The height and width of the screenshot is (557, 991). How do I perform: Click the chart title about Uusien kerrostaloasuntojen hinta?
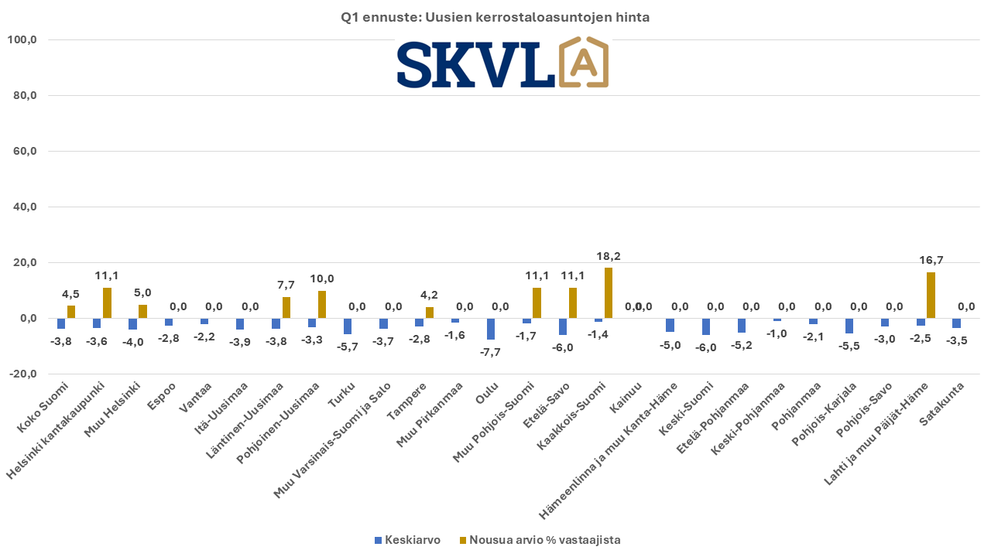point(495,17)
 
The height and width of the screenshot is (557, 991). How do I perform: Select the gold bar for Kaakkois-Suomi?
point(609,293)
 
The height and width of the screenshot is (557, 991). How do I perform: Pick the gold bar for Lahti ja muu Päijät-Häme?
point(931,296)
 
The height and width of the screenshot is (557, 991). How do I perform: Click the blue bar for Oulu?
point(491,329)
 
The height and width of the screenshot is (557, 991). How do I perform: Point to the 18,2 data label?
point(609,256)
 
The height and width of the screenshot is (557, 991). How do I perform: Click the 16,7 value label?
point(930,261)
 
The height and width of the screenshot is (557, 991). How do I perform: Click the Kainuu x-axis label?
point(626,396)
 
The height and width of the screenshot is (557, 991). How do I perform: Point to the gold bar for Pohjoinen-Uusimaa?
point(321,305)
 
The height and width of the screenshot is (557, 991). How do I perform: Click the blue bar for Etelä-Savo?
point(563,326)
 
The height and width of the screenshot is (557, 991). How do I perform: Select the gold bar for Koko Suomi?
point(71,312)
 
